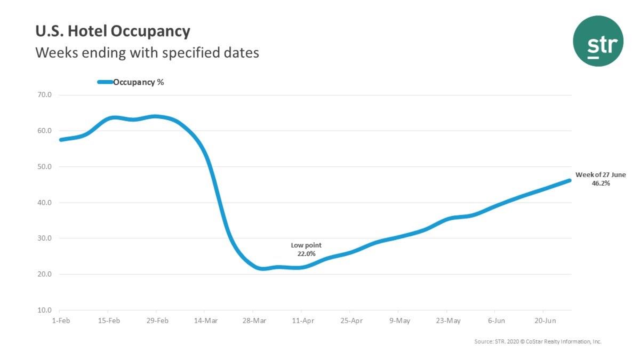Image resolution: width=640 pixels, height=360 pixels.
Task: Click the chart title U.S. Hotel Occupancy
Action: [113, 31]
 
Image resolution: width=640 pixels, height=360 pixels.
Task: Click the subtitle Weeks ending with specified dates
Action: [147, 53]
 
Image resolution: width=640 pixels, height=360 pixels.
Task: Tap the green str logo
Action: [598, 41]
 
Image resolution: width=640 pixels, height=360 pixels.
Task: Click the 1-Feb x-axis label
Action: [60, 321]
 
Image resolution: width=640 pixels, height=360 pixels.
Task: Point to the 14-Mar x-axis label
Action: [205, 321]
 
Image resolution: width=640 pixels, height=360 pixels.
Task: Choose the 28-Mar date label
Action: [253, 321]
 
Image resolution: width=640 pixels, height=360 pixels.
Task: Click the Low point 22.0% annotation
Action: [306, 250]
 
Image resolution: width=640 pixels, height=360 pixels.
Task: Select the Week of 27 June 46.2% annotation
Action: [601, 179]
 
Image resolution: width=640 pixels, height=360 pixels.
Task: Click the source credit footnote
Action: [538, 341]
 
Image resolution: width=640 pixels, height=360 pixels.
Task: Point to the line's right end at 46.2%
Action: [569, 180]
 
